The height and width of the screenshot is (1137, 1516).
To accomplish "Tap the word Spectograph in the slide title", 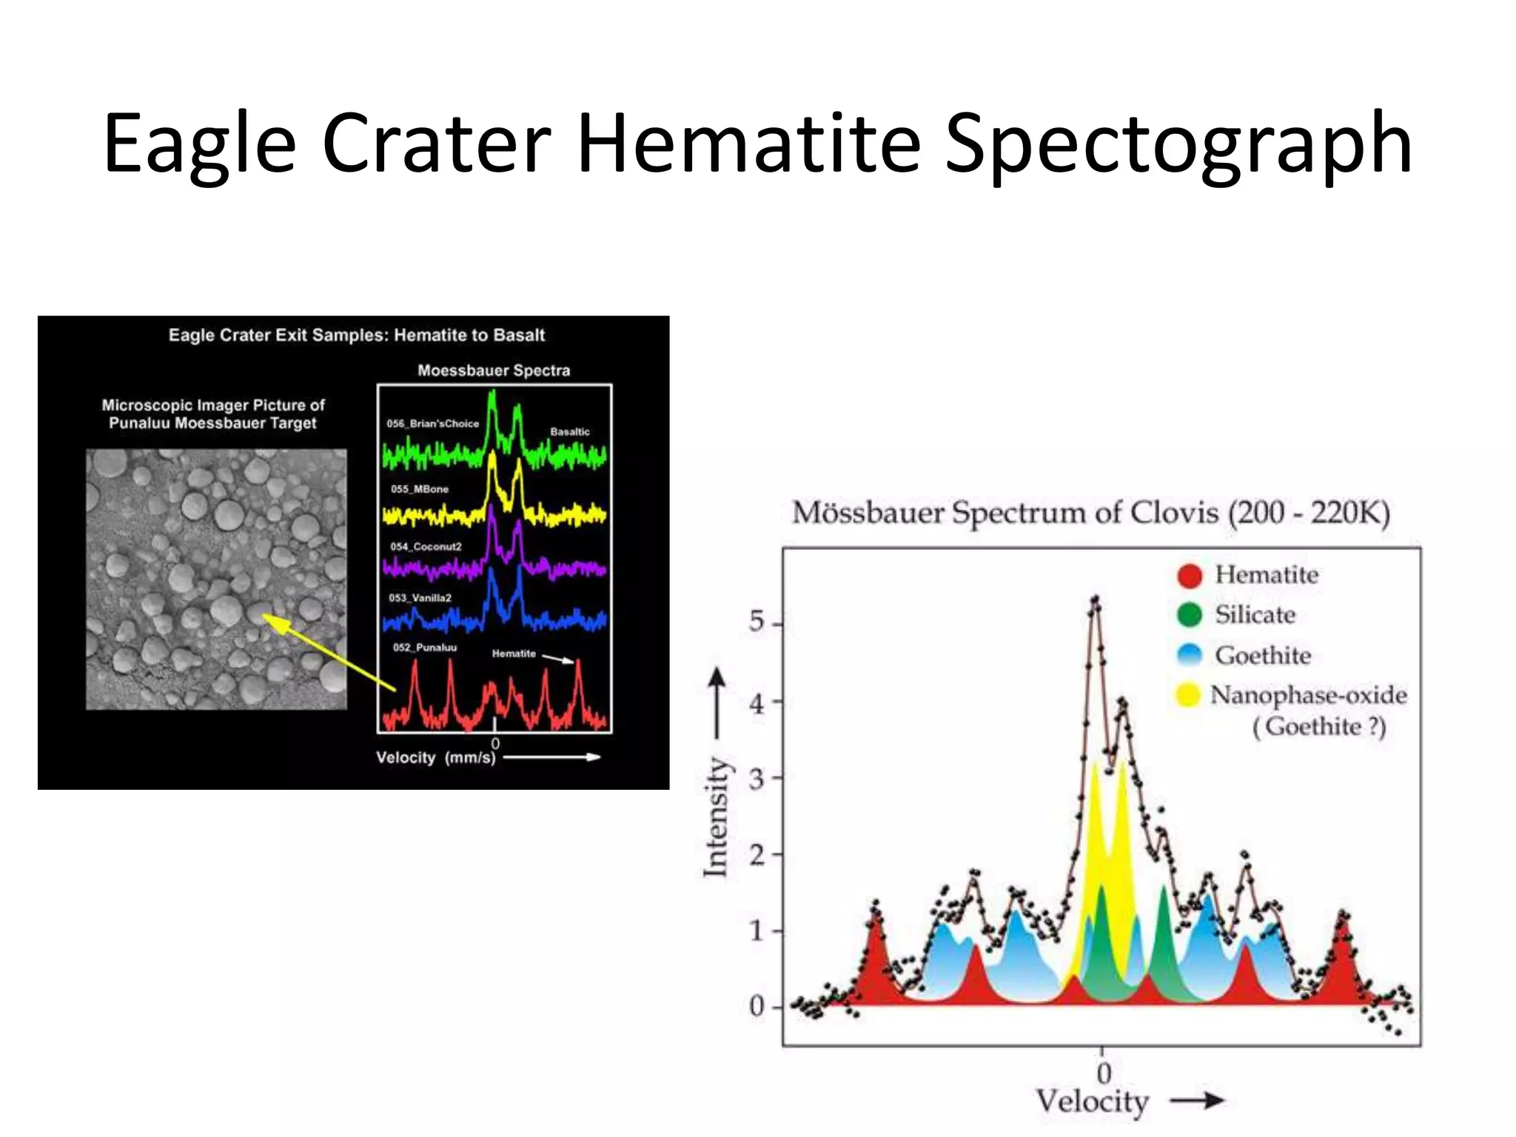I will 1178,144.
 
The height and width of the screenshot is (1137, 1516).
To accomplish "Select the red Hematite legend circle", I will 1190,575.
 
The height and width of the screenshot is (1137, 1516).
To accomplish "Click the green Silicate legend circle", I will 1190,615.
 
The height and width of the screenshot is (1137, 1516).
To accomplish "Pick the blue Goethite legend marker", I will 1190,655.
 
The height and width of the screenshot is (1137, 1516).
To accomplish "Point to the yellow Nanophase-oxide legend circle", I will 1188,695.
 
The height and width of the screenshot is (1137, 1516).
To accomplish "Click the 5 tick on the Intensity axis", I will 757,622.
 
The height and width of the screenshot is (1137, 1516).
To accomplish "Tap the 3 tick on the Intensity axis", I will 757,779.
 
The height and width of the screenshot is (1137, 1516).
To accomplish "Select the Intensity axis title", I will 716,817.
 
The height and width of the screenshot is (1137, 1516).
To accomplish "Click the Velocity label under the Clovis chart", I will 1092,1101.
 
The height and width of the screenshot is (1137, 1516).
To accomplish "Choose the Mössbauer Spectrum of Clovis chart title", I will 1091,513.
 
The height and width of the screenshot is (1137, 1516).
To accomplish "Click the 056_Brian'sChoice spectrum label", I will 433,423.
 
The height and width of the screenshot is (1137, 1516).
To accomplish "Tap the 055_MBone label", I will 420,489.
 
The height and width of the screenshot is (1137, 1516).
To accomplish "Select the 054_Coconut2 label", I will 426,547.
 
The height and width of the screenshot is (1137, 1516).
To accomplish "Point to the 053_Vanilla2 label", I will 420,598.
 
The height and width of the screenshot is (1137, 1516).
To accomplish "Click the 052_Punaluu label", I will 425,648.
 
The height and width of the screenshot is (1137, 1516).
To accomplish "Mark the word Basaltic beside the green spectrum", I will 570,432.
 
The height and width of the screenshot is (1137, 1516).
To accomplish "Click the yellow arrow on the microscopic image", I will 329,652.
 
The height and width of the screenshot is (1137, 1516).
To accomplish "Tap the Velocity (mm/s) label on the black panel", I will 435,758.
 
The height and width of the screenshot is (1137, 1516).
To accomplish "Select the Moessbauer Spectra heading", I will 494,370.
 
